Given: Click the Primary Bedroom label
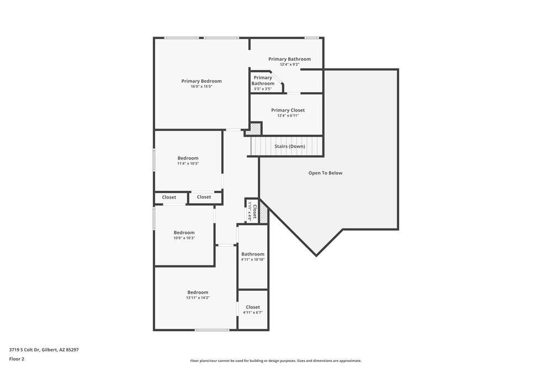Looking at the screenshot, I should [x=201, y=81].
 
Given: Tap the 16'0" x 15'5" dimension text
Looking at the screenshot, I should [x=201, y=87].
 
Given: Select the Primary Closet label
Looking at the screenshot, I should [x=288, y=110].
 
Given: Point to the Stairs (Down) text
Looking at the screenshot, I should [x=290, y=146].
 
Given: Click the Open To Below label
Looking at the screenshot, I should [x=325, y=173].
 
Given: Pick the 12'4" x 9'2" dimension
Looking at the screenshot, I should [x=289, y=65].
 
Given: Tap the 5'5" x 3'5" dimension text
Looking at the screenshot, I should [x=263, y=89].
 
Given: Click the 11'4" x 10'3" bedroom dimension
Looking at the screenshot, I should [x=188, y=163].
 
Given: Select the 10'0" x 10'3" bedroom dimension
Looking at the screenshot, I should [x=184, y=238].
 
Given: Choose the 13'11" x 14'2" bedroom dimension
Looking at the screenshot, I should [x=198, y=298].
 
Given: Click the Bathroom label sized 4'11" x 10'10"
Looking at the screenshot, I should [x=253, y=254].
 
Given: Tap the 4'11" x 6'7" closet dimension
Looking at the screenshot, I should [x=253, y=312].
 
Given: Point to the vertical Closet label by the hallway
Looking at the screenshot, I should [x=254, y=211].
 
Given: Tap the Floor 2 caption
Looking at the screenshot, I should [x=17, y=359].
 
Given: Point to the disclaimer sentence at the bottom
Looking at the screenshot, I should [x=276, y=360].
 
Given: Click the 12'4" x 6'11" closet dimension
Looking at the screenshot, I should [x=288, y=116].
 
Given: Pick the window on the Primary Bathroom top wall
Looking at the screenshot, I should [x=312, y=38].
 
